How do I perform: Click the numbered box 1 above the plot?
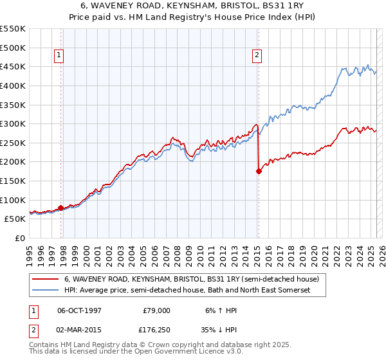[x=59, y=56]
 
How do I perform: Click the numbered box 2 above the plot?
[x=257, y=56]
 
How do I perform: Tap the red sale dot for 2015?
[x=259, y=171]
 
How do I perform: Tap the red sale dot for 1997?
[x=61, y=208]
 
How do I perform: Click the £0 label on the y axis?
[x=19, y=238]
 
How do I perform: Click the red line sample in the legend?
[x=46, y=280]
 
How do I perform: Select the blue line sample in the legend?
[x=46, y=291]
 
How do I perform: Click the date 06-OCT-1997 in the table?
[x=79, y=310]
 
